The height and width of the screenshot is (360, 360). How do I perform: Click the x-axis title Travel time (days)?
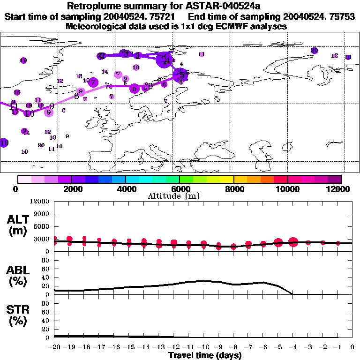click(x=205, y=356)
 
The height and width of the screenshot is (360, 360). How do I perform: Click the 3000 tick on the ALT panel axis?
click(x=42, y=239)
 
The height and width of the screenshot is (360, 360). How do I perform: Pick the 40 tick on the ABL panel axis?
click(x=46, y=277)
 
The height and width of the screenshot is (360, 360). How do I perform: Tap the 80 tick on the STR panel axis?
click(x=46, y=303)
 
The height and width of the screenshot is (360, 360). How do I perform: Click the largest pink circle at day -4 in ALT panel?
click(x=293, y=242)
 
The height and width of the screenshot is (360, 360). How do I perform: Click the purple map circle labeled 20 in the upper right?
click(x=314, y=50)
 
